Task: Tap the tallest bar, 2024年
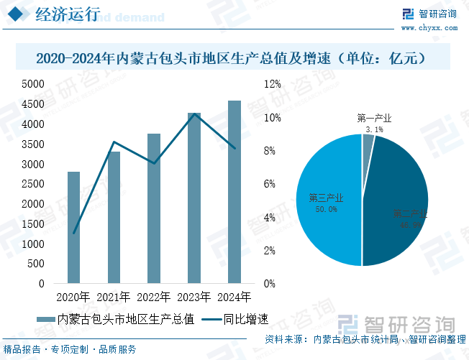pyautogui.click(x=234, y=192)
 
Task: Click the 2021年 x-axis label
pyautogui.click(x=114, y=297)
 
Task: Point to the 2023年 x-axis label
pyautogui.click(x=194, y=297)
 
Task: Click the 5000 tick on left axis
pyautogui.click(x=33, y=84)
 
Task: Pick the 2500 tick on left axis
pyautogui.click(x=33, y=184)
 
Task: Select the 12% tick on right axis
pyautogui.click(x=273, y=84)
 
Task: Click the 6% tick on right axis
pyautogui.click(x=270, y=184)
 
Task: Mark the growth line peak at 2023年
pyautogui.click(x=194, y=114)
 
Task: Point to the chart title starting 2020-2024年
pyautogui.click(x=234, y=57)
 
